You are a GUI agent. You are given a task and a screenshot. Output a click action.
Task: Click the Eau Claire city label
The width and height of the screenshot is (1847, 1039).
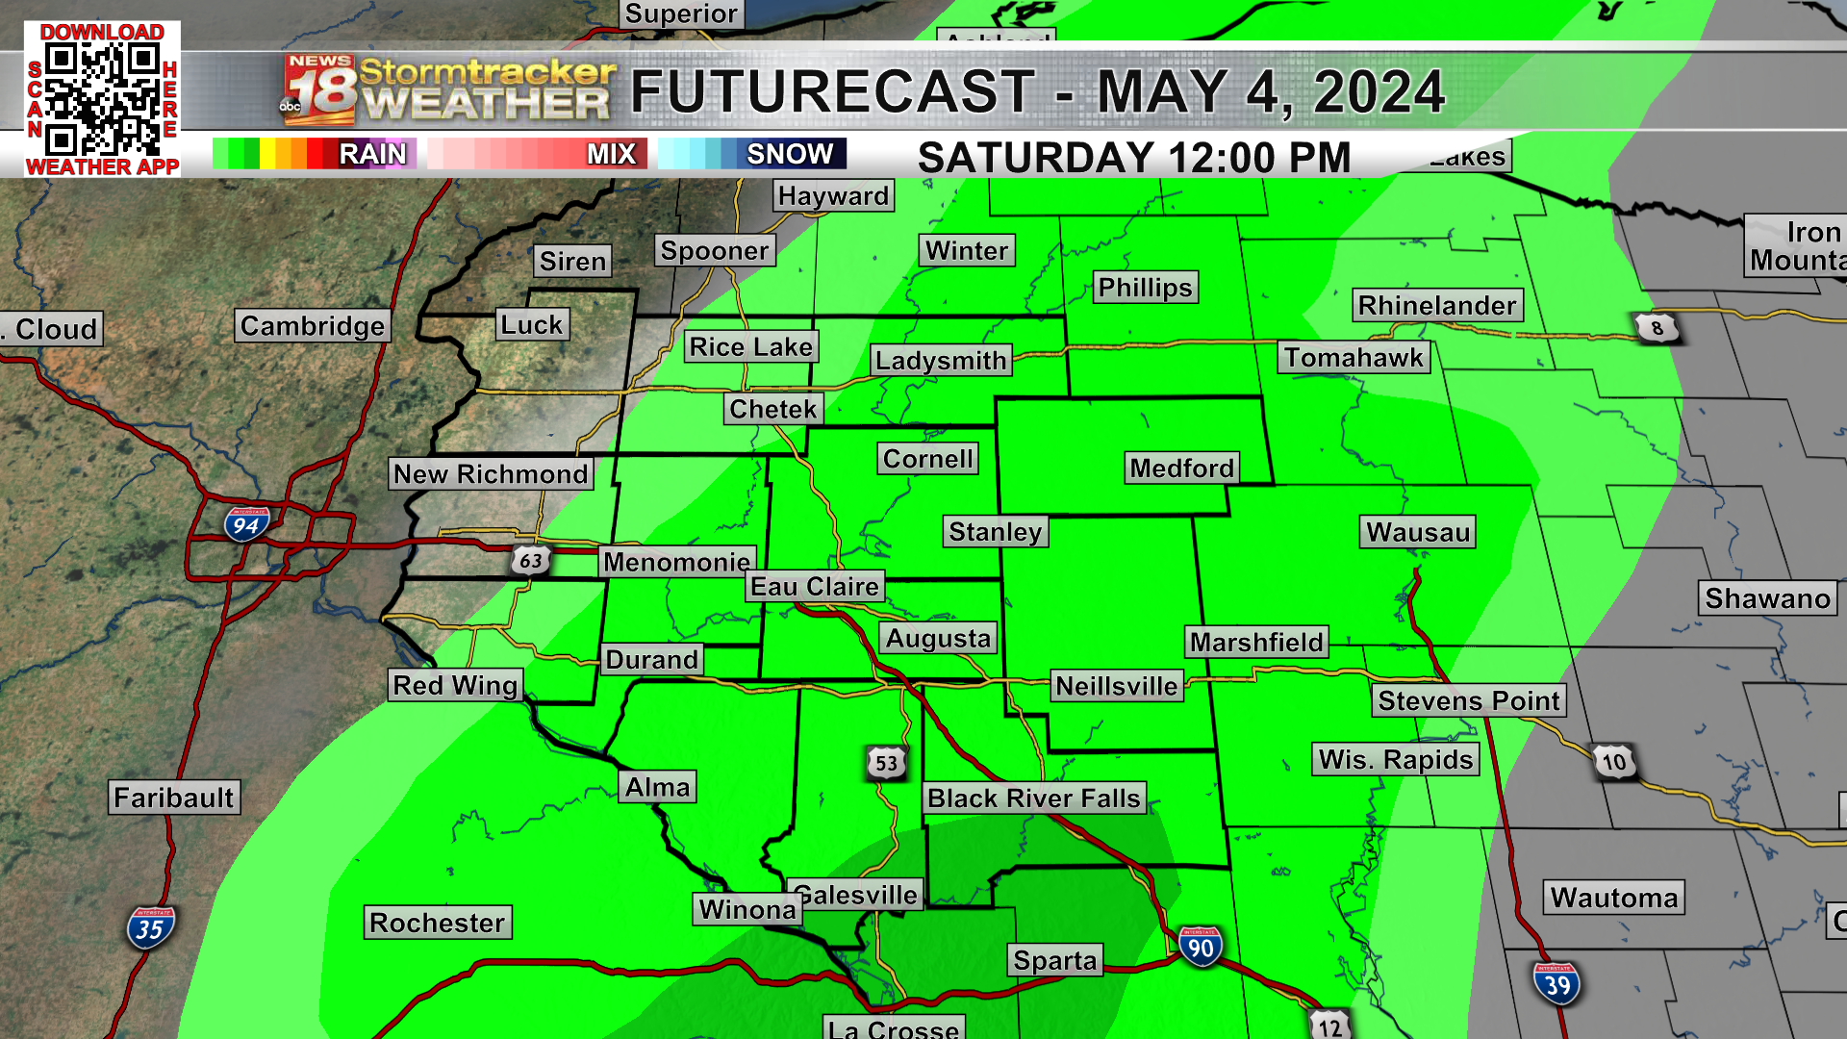(x=815, y=587)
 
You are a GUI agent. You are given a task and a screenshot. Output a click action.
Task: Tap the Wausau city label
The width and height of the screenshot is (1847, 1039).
(x=1418, y=532)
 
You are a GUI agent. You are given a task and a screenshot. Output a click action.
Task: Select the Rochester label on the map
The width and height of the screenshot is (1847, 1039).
(x=437, y=923)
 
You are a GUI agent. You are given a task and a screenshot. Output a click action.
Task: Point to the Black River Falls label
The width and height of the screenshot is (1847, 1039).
(x=1034, y=798)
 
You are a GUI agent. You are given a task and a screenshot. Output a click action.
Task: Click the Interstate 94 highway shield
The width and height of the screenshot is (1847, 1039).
(x=246, y=524)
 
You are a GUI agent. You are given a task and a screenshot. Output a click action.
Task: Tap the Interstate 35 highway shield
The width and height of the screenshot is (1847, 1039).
(x=150, y=928)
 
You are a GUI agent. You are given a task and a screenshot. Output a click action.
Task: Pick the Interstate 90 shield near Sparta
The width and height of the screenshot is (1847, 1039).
(x=1201, y=948)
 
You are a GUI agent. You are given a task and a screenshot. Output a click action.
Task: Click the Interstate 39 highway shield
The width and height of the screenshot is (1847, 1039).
(x=1556, y=984)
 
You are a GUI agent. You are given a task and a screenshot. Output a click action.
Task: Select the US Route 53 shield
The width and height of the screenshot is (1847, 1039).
(x=886, y=763)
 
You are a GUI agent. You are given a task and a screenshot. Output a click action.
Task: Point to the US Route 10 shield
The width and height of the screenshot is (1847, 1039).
(x=1614, y=762)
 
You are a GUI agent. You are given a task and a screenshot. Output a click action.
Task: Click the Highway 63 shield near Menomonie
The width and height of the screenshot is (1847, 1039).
(x=530, y=560)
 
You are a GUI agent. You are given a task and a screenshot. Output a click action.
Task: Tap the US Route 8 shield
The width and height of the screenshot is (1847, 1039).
(x=1657, y=328)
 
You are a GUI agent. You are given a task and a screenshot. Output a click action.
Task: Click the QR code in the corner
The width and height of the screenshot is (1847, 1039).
(x=102, y=100)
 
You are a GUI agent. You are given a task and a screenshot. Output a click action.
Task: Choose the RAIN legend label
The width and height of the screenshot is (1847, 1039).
(x=372, y=154)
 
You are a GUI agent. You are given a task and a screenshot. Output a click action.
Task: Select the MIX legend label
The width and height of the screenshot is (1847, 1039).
(x=611, y=154)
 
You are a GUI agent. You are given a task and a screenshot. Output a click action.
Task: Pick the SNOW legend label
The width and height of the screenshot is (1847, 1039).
(x=790, y=154)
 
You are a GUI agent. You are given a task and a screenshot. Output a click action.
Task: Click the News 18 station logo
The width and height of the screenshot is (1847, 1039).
(x=319, y=90)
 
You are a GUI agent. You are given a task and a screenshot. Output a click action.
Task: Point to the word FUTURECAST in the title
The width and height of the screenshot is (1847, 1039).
(x=832, y=92)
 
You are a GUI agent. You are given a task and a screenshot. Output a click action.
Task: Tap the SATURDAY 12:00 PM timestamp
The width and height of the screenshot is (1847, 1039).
(x=1134, y=158)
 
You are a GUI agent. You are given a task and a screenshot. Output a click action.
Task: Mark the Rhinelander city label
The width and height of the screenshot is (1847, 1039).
(x=1437, y=306)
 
